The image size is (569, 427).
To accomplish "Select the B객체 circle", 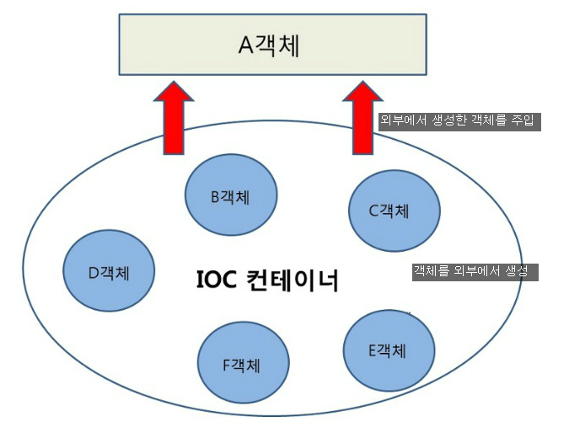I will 231,196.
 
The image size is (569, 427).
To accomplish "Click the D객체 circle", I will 110,271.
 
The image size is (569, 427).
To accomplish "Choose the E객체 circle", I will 389,350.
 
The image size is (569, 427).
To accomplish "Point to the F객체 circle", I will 241,365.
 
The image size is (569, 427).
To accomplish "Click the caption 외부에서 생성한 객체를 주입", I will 457,121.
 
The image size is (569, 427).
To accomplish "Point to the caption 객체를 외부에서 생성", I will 474,272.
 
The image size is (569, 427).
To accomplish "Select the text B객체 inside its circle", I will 231,196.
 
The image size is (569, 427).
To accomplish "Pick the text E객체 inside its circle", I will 389,350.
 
